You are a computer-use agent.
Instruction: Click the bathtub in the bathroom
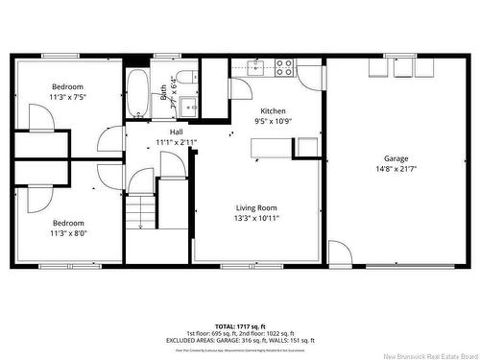(x=137, y=92)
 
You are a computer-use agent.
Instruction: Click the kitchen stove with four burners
(x=284, y=67)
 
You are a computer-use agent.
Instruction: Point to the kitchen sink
(x=256, y=66)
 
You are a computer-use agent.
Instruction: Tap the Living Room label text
(x=257, y=207)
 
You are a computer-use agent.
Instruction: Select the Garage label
(x=396, y=158)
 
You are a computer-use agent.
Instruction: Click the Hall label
(x=177, y=132)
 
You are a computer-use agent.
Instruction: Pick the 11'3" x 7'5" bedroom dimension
(x=67, y=97)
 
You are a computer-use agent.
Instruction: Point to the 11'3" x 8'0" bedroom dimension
(x=67, y=232)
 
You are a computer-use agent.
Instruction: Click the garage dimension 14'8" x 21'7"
(x=396, y=170)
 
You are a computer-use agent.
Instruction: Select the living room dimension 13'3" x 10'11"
(x=257, y=218)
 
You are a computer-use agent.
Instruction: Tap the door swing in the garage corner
(x=339, y=253)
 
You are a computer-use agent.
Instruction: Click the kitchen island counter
(x=272, y=147)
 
